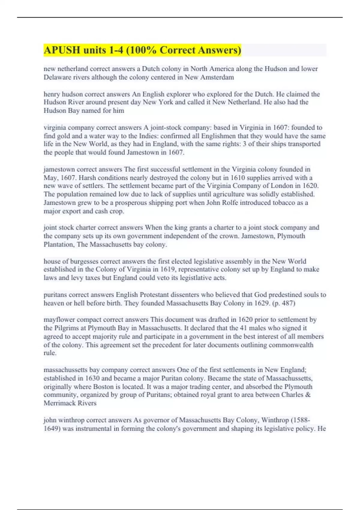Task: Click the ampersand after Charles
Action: pyautogui.click(x=308, y=395)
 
